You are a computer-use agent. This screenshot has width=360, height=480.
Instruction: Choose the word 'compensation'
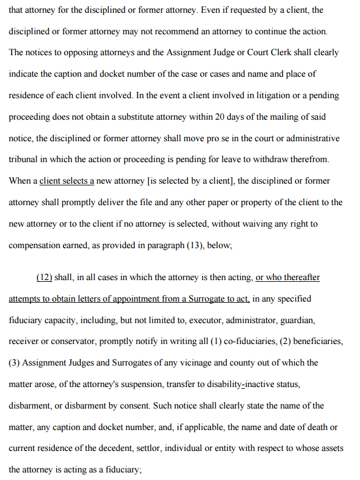[x=34, y=245]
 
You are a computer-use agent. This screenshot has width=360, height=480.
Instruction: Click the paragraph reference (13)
[x=195, y=245]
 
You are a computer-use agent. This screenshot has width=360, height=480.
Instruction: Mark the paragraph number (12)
[x=44, y=277]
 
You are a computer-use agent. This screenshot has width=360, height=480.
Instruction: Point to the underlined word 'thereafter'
[x=300, y=277]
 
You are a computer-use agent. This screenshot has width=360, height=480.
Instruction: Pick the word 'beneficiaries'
[x=316, y=342]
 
